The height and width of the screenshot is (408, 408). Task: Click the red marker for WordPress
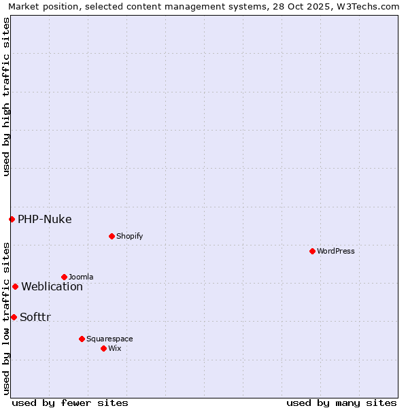pos(312,251)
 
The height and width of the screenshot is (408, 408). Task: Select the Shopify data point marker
pos(112,236)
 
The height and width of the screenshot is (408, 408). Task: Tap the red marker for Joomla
pos(64,277)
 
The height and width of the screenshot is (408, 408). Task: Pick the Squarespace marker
pos(82,339)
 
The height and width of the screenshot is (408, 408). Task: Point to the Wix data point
pos(103,348)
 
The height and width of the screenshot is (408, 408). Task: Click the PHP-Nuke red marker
pos(12,219)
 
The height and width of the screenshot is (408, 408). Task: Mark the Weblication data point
pos(15,286)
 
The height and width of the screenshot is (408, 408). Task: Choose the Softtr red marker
pos(14,317)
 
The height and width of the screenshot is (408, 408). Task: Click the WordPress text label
pos(336,251)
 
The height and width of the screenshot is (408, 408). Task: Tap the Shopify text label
pos(129,236)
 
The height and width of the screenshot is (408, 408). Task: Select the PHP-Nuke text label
pos(45,219)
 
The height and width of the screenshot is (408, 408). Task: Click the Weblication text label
pos(52,286)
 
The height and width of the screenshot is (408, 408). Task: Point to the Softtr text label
pos(35,317)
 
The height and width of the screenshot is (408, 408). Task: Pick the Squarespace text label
pos(109,339)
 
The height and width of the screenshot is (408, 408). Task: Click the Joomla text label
pos(81,277)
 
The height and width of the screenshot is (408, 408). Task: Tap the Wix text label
pos(114,348)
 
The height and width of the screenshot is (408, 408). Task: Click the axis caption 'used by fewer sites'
pos(70,403)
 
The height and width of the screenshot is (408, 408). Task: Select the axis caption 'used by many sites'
pos(341,403)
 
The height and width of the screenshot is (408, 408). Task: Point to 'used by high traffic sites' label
pos(6,97)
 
